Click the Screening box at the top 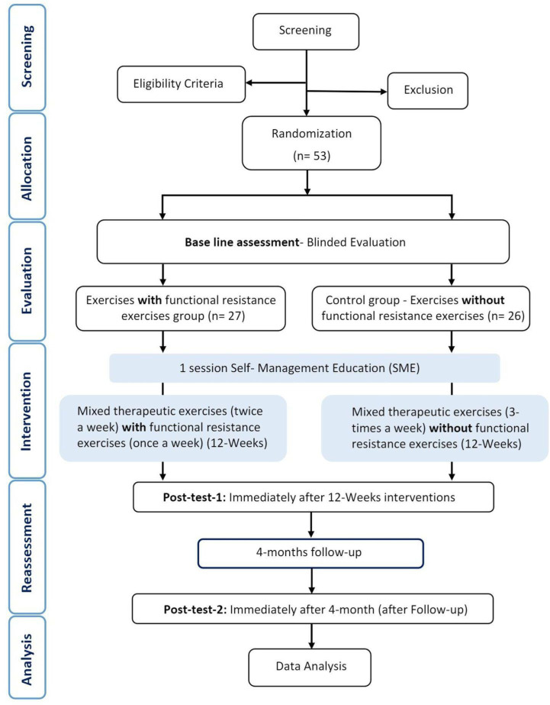[306, 31]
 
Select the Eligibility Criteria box [182, 84]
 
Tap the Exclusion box [428, 91]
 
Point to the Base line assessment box [303, 242]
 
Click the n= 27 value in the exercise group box [227, 316]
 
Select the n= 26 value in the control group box [506, 316]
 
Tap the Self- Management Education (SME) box [305, 368]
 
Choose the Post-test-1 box [314, 497]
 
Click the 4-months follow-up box [310, 553]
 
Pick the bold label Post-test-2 [195, 610]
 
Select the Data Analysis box [310, 668]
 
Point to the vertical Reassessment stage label [27, 548]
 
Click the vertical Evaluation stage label [27, 280]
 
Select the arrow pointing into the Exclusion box [346, 92]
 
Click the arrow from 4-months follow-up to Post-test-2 [311, 581]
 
